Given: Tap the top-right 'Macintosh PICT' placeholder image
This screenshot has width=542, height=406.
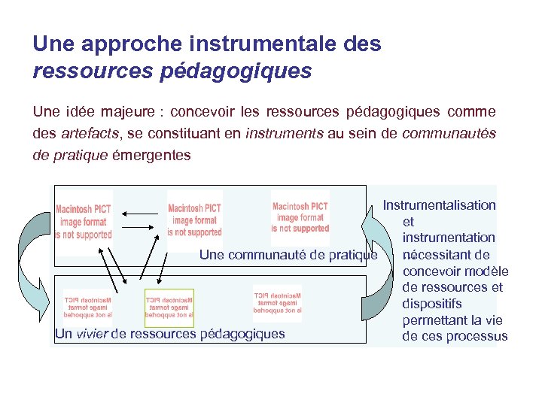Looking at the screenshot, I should [300, 217].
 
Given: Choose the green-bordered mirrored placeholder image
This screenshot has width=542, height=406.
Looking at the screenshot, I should [169, 308].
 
